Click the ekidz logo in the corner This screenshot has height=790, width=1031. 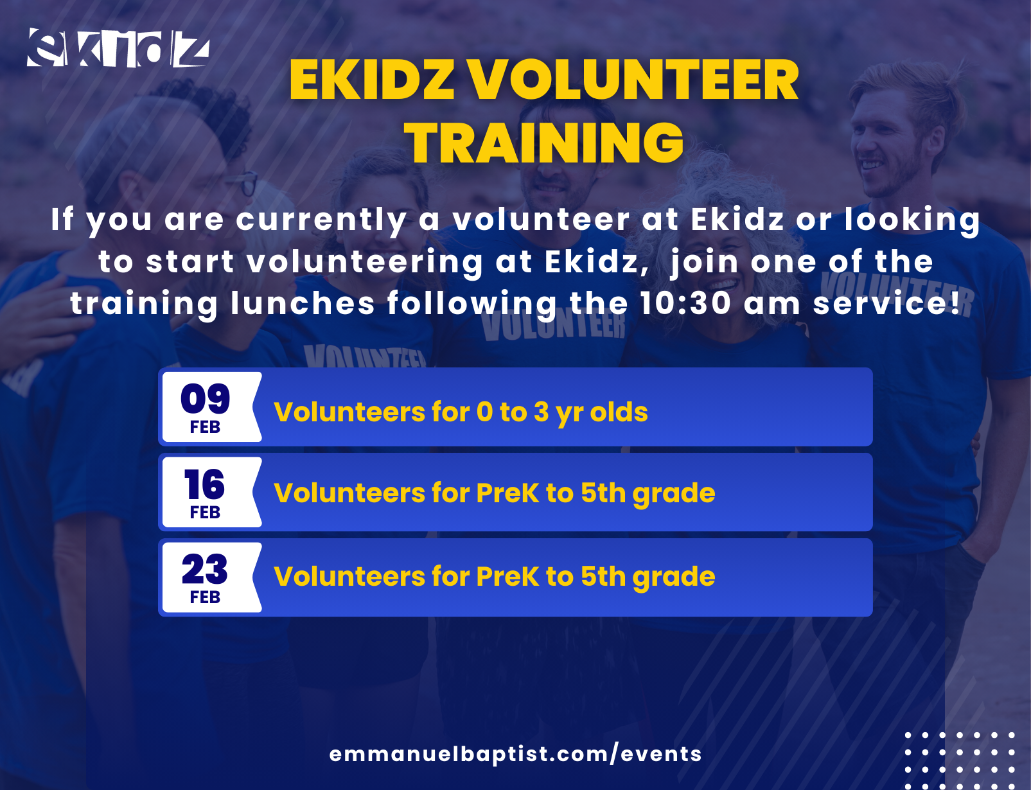pyautogui.click(x=118, y=48)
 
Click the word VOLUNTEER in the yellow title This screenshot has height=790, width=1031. pyautogui.click(x=634, y=80)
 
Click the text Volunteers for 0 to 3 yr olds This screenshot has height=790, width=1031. pyautogui.click(x=461, y=412)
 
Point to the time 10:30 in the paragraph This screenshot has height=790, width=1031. pyautogui.click(x=685, y=303)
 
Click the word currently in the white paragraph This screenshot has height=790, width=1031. pyautogui.click(x=321, y=221)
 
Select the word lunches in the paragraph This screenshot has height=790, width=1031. pyautogui.click(x=303, y=304)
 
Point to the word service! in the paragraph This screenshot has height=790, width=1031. pyautogui.click(x=886, y=304)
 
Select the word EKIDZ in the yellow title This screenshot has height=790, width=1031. pyautogui.click(x=372, y=80)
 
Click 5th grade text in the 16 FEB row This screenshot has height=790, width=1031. pyautogui.click(x=648, y=494)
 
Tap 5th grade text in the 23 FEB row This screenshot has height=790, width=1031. pyautogui.click(x=648, y=577)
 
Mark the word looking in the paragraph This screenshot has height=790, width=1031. pyautogui.click(x=912, y=221)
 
